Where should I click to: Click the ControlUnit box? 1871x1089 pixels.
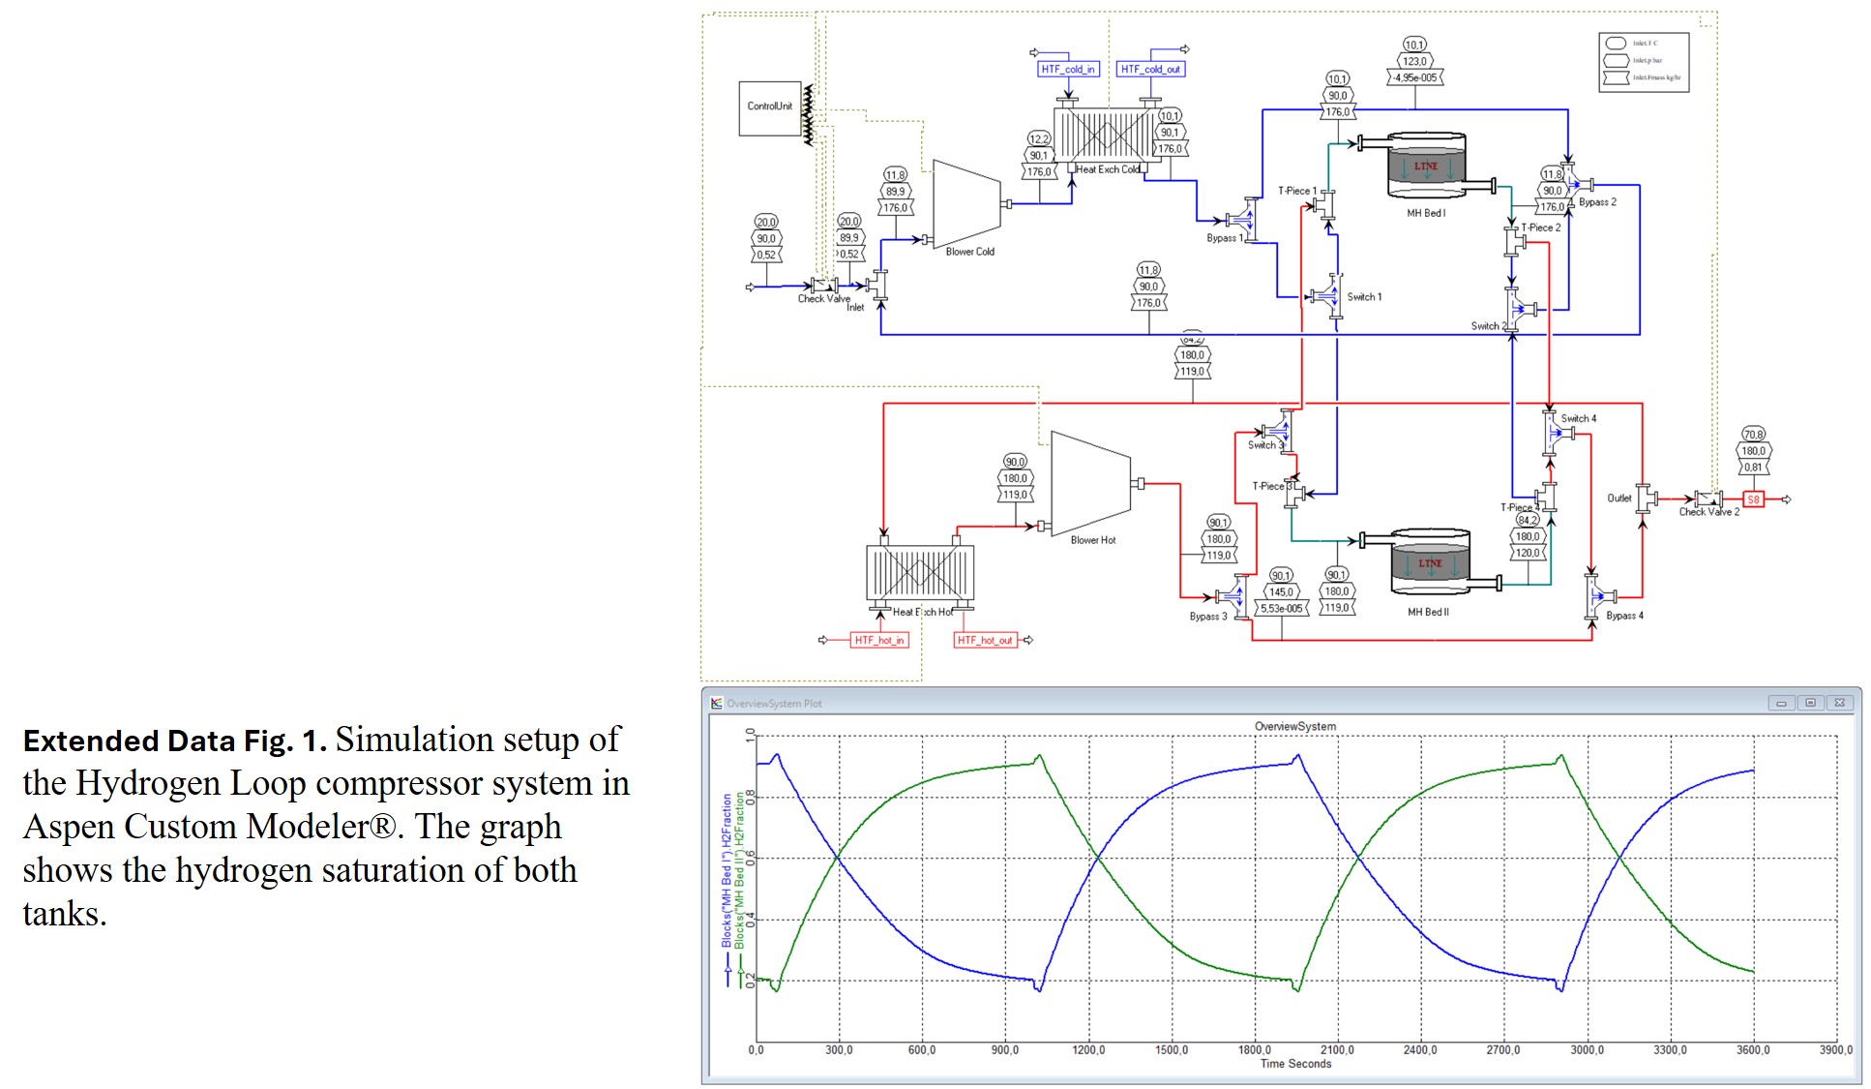[x=769, y=107]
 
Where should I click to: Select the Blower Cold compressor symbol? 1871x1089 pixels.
[x=965, y=204]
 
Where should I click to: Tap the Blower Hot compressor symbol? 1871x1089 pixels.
[x=1089, y=484]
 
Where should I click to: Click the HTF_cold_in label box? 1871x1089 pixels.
[x=1068, y=70]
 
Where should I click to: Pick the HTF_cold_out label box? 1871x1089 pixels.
[x=1149, y=70]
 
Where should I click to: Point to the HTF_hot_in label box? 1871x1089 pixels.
[x=878, y=640]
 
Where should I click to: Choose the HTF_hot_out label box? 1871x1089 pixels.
[x=985, y=640]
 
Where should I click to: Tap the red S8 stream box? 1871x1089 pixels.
[x=1753, y=499]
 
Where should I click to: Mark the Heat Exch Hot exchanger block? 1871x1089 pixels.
[x=919, y=573]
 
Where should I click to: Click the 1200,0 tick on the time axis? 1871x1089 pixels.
[x=1088, y=1050]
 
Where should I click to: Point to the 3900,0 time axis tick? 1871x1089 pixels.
[x=1835, y=1050]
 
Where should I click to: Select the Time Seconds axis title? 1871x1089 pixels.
[x=1295, y=1064]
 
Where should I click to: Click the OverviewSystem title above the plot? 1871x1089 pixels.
[x=1294, y=726]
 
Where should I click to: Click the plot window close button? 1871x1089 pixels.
[x=1840, y=703]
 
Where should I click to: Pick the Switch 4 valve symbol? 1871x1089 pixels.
[x=1553, y=433]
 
